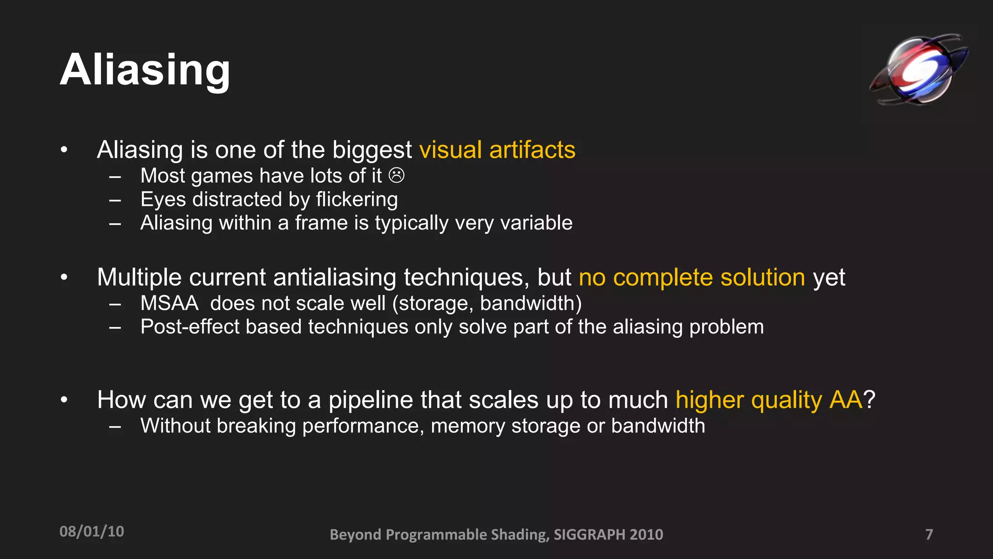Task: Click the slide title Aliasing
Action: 145,70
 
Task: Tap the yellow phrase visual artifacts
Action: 497,149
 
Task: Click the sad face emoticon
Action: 397,175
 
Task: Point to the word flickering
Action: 357,199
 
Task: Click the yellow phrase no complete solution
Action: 692,278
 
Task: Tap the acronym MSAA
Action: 169,303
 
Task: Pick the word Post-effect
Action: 190,327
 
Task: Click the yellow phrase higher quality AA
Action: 769,400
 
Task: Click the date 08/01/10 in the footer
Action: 92,532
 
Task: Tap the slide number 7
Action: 929,534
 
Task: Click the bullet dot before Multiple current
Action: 64,278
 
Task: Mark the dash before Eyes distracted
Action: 115,200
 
